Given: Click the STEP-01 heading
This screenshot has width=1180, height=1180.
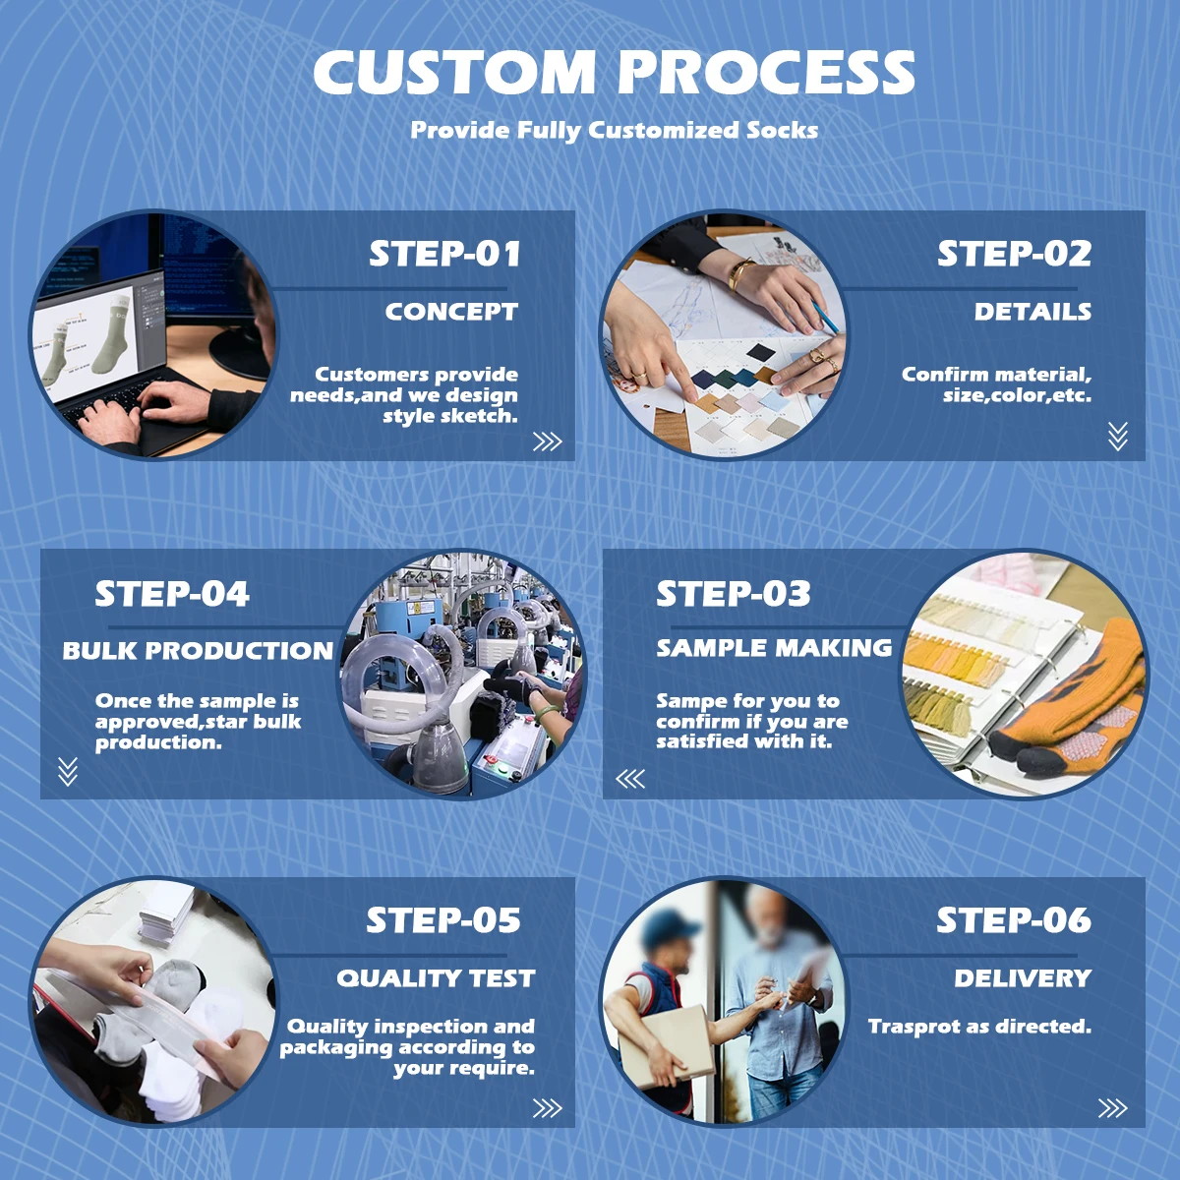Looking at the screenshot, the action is [444, 254].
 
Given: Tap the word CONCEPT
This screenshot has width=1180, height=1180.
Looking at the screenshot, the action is [451, 312].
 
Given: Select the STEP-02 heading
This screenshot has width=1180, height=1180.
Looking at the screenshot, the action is [1014, 254].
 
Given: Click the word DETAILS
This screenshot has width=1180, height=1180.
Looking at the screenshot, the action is [1033, 312].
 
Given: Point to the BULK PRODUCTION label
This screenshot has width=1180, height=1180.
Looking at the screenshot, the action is [198, 650].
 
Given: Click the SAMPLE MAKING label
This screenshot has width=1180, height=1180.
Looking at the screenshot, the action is [774, 648].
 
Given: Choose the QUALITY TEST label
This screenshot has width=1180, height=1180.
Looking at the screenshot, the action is [436, 977].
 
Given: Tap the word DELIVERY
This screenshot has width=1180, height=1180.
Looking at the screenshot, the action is [1023, 977].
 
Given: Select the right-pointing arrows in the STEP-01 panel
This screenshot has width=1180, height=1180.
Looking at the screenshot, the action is [548, 442].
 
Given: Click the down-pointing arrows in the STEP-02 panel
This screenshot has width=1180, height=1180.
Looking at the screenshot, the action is [1117, 436].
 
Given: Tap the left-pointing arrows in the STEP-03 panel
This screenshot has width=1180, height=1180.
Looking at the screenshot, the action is [630, 779].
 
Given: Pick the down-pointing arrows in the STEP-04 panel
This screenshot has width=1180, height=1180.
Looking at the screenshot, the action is [68, 772].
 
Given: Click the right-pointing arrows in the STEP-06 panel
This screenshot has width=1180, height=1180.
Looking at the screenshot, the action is [1112, 1108].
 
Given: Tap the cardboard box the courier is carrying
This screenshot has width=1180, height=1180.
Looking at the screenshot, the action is [668, 1046].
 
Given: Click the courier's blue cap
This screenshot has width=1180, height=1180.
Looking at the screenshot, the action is [670, 926].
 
